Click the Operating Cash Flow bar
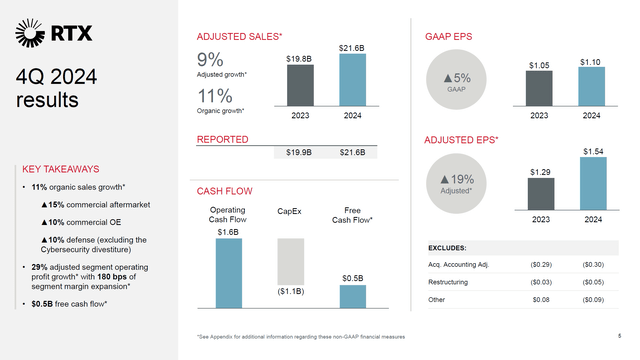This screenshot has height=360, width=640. tap(228, 272)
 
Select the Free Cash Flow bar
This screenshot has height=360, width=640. tap(352, 296)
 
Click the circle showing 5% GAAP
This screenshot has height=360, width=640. tap(456, 81)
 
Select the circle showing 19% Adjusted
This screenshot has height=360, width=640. tap(456, 182)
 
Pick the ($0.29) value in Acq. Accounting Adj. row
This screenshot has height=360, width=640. tap(538, 263)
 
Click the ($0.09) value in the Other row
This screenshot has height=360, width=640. tap(592, 298)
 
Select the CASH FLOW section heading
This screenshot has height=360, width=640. tap(224, 190)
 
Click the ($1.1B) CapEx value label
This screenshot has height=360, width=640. tap(290, 292)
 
